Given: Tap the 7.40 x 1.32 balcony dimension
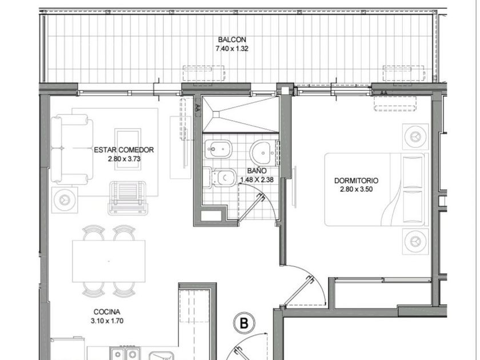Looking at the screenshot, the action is [x=232, y=49].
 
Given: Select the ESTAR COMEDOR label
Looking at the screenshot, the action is [x=123, y=150].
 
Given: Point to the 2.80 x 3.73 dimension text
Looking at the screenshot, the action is [x=123, y=159].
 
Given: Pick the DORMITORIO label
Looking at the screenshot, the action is [x=356, y=181].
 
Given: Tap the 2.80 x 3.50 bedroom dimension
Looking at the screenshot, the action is [x=356, y=189].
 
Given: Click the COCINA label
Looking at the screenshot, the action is [x=107, y=312].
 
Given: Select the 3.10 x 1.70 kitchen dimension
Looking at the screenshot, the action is [x=107, y=321].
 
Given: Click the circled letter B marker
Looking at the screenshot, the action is [x=244, y=323].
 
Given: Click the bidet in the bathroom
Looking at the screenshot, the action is [x=218, y=149].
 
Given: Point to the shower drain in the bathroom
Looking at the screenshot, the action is [x=217, y=114].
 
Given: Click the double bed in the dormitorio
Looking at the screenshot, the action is [x=377, y=190].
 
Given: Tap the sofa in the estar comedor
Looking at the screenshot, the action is [x=71, y=149].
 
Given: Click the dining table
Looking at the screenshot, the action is [x=109, y=261].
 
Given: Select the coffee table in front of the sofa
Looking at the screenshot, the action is [x=127, y=149].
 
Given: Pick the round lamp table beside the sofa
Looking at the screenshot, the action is [x=65, y=200].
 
